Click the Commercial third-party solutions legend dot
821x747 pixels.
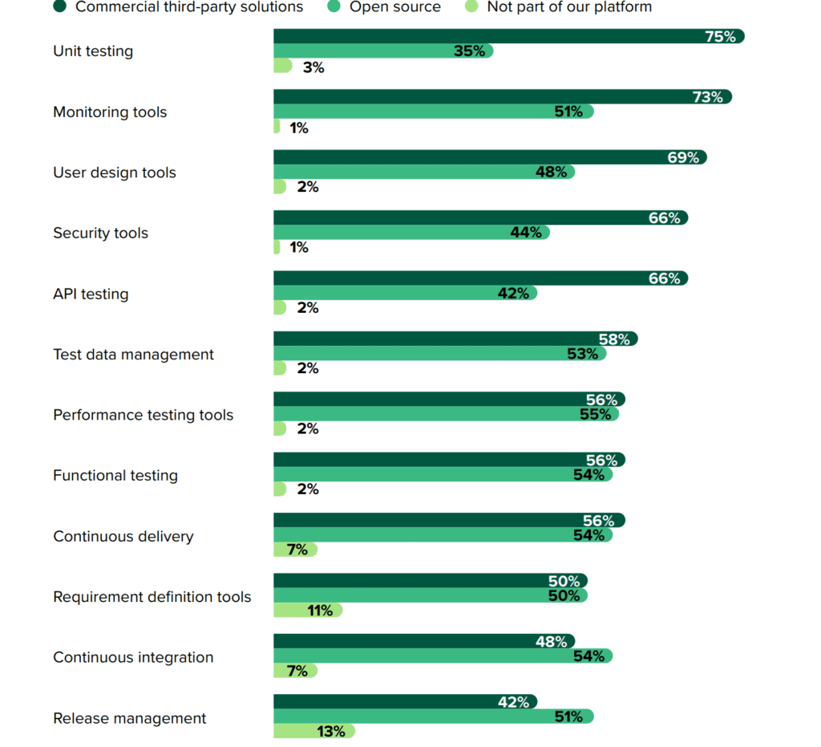click(x=59, y=6)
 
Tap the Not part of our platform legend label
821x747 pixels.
click(x=569, y=6)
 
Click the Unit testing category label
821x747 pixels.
click(x=93, y=51)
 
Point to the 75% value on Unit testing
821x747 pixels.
click(x=720, y=36)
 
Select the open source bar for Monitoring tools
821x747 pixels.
click(x=433, y=112)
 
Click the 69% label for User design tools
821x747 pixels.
click(x=683, y=157)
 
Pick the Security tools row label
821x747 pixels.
click(x=100, y=233)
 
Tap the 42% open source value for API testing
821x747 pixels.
click(x=513, y=294)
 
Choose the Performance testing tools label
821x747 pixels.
click(x=143, y=415)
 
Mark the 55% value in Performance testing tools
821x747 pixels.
click(x=595, y=415)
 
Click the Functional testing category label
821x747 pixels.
click(x=115, y=476)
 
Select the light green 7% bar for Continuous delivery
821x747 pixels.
click(x=295, y=550)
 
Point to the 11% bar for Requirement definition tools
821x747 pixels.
click(x=308, y=611)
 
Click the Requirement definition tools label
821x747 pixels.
click(x=152, y=597)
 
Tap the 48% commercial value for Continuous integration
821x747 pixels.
click(x=552, y=642)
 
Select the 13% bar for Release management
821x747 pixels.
click(x=313, y=731)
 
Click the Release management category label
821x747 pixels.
click(x=129, y=718)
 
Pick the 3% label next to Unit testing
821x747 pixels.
click(x=313, y=67)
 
